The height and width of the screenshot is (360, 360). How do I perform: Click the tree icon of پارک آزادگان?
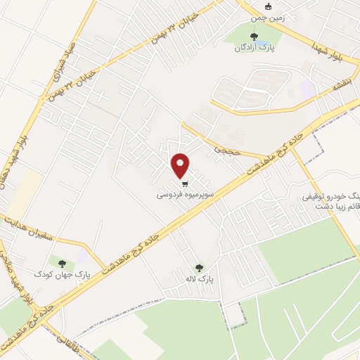coord(254,37)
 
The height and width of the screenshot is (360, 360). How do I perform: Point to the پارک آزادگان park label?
coord(254,49)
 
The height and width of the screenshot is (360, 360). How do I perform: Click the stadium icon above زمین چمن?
coord(268,8)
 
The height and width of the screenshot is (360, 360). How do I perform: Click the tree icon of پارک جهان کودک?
coord(62,264)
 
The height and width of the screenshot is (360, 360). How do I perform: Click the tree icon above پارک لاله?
coord(199,267)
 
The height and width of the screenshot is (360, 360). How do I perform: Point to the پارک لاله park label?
coord(199,279)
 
